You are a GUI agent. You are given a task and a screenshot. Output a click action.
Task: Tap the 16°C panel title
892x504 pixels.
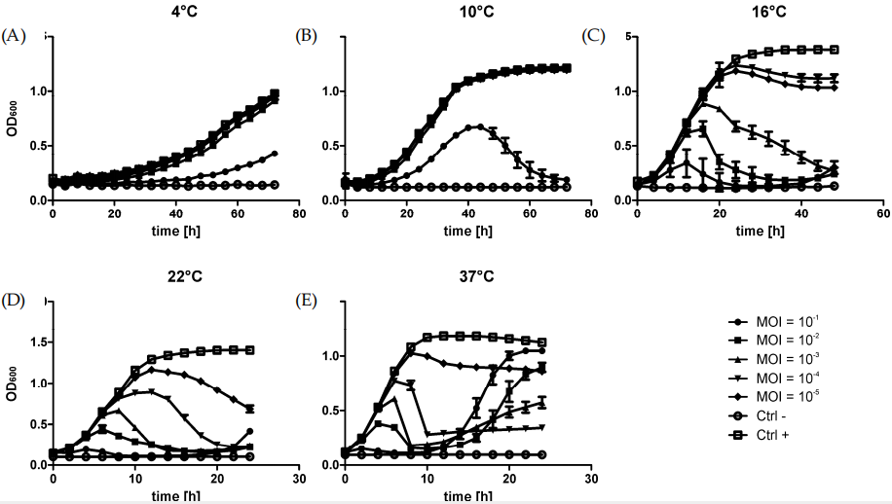coord(760,13)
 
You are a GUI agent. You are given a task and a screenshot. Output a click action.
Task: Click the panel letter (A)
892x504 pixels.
coord(14,37)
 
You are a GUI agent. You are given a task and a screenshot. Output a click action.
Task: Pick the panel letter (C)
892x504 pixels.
coord(594,37)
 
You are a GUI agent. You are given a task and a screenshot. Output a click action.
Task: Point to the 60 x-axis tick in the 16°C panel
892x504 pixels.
coord(882,215)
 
